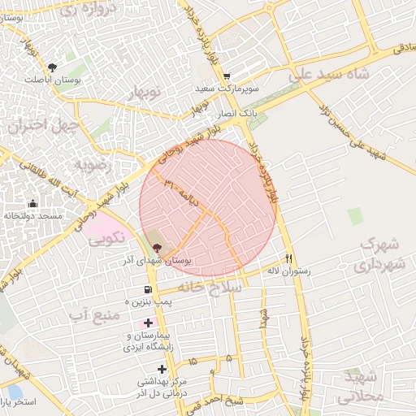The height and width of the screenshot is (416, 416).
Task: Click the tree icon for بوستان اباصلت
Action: click(x=54, y=67)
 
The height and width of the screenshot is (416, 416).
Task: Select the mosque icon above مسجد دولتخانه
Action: click(x=32, y=203)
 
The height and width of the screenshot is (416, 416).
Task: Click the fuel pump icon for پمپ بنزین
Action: click(x=147, y=289)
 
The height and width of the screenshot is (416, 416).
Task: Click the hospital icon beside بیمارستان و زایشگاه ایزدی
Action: click(x=147, y=323)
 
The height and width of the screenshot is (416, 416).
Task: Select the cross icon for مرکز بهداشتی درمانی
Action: click(x=162, y=369)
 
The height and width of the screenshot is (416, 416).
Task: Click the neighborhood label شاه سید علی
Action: click(x=328, y=76)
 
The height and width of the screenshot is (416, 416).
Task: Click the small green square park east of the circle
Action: click(x=355, y=216)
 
